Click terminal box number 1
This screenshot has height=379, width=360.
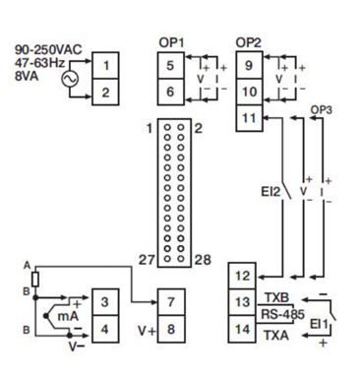[105, 65]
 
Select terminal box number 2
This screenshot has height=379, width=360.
[105, 92]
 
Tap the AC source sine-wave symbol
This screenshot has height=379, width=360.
[70, 79]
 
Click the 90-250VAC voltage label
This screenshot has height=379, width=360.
[48, 50]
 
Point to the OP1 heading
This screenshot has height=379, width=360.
[171, 42]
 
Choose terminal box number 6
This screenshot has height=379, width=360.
[170, 92]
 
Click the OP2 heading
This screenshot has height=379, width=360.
[249, 42]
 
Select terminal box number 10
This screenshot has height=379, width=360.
[249, 92]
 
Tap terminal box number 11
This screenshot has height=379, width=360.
[249, 118]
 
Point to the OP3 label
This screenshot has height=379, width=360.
[322, 110]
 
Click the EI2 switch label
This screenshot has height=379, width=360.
[270, 192]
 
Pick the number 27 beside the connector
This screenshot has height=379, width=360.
[147, 260]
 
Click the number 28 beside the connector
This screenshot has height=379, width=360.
[203, 260]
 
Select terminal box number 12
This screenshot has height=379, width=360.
[242, 276]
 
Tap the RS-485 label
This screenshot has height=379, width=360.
[282, 314]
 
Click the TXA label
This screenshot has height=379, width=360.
[276, 336]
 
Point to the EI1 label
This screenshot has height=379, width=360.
[319, 325]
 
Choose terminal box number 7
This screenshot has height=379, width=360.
[171, 302]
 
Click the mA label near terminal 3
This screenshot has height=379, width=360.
[68, 316]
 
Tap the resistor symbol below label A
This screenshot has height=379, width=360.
[35, 280]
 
